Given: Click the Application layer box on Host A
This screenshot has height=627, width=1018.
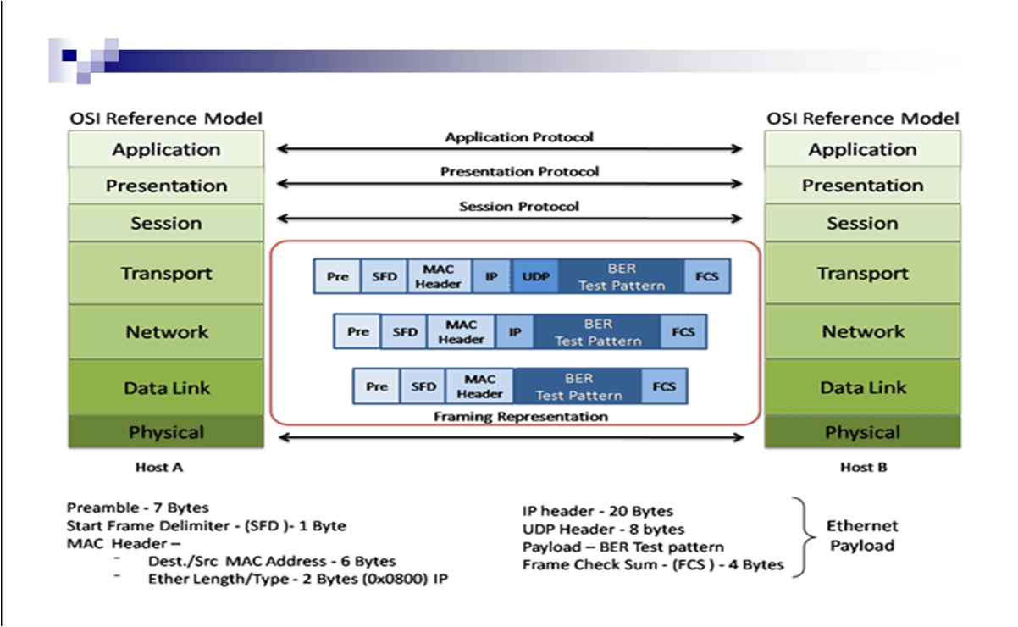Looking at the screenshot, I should click(166, 150).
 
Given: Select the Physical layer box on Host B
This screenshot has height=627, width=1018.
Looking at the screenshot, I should click(862, 433).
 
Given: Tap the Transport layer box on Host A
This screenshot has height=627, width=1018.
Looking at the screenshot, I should click(166, 274).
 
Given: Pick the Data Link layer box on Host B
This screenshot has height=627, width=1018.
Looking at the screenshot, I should click(862, 388).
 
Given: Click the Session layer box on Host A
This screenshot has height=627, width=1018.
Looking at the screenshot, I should click(166, 224).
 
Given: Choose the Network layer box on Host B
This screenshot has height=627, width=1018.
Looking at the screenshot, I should click(862, 332).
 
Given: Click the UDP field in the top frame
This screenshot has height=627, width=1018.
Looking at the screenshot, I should click(535, 277).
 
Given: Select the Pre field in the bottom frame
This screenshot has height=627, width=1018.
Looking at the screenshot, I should click(377, 386).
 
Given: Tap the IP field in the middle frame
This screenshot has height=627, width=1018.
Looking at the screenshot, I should click(515, 332).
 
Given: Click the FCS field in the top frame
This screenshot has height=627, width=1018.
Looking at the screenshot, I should click(706, 277).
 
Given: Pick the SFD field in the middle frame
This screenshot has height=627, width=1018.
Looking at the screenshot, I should click(405, 332).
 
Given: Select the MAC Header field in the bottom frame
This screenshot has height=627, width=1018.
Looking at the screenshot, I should click(479, 386).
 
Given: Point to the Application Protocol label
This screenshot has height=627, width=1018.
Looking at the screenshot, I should click(519, 137).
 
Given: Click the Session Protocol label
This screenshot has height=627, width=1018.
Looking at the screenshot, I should click(519, 207).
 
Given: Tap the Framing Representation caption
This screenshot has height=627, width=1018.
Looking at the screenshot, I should click(520, 417).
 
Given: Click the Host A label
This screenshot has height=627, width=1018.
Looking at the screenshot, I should click(159, 468).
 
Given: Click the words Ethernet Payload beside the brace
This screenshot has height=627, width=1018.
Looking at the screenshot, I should click(861, 535).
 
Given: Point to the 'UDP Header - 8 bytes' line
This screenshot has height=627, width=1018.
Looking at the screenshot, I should click(603, 530).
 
